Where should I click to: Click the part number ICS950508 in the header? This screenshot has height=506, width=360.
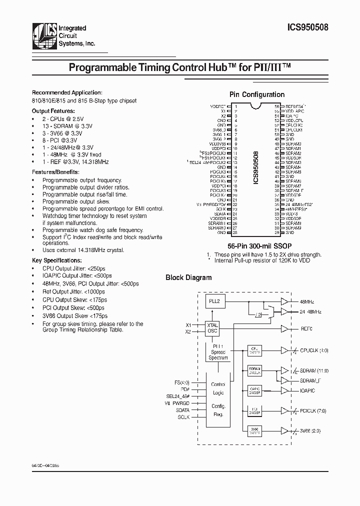[x=308, y=29]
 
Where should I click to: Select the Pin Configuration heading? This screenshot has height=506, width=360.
[x=257, y=94]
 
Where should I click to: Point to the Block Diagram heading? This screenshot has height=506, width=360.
[x=188, y=277]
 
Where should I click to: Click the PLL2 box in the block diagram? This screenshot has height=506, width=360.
[x=215, y=301]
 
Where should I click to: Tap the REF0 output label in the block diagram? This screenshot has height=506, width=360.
[x=306, y=329]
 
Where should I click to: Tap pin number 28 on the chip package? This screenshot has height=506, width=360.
[x=234, y=232]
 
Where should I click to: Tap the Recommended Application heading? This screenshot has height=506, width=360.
[x=67, y=92]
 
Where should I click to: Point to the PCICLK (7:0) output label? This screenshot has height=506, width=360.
[x=313, y=411]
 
